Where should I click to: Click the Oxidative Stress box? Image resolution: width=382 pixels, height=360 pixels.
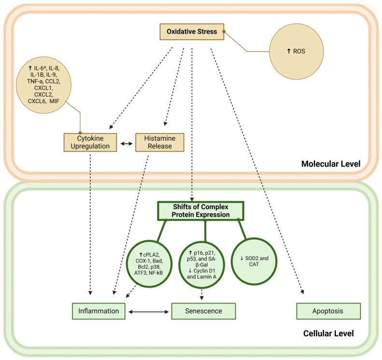point(192,32)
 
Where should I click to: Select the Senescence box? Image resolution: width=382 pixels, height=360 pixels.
point(203,311)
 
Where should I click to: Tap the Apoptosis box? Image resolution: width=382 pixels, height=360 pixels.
point(328,311)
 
